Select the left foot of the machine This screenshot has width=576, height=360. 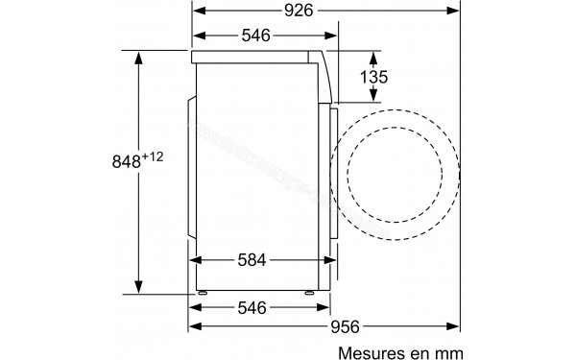pos(203,292)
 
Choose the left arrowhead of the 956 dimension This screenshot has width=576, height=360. pos(195,327)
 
